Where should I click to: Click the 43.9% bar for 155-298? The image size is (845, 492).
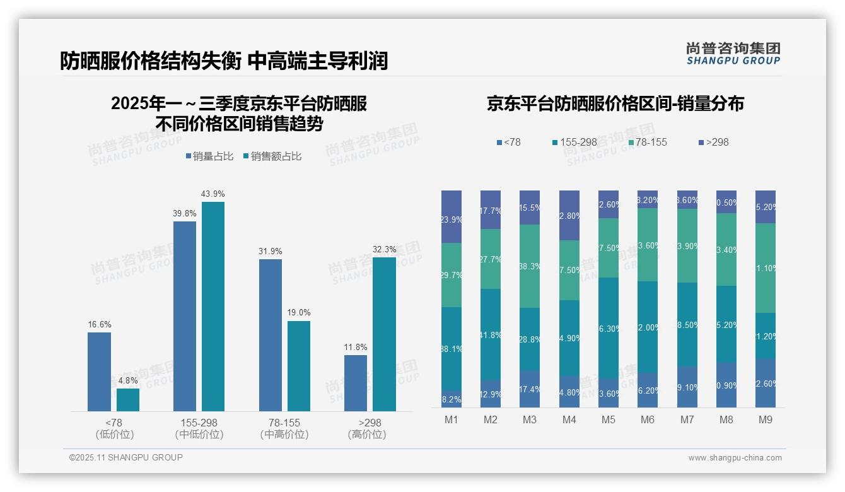point(213,307)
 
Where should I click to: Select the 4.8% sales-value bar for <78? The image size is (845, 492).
point(128,400)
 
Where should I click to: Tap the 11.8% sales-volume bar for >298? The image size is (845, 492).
point(356,383)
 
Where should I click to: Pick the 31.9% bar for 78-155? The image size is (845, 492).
point(271,335)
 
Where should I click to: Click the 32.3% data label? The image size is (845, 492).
point(384,249)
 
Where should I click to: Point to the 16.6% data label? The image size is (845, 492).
point(99,324)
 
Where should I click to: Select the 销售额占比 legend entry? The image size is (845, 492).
point(272,156)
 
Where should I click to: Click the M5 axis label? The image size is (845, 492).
point(609,419)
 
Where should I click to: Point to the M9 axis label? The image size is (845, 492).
point(766,419)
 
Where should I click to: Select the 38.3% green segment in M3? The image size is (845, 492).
point(530,266)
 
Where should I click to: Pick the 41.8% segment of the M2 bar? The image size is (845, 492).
point(491,334)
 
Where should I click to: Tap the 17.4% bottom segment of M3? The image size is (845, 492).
point(530,389)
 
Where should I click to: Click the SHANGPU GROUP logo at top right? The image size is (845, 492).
point(733,54)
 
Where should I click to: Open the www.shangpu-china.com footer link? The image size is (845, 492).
point(735,458)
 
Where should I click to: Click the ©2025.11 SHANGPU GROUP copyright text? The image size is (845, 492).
point(126,457)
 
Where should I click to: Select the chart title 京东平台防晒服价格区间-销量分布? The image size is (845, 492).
point(615,104)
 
